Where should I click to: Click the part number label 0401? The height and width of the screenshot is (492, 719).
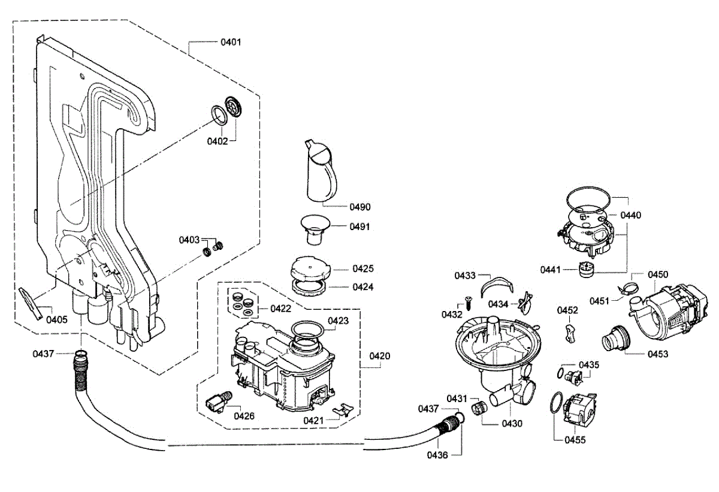(x=231, y=43)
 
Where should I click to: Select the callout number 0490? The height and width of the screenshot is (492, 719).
(x=360, y=207)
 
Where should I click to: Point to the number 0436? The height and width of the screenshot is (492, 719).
(x=437, y=455)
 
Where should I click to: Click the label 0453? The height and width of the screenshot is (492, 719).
(x=657, y=354)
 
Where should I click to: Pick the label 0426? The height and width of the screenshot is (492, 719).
(x=244, y=416)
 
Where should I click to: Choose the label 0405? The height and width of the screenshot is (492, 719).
(x=57, y=319)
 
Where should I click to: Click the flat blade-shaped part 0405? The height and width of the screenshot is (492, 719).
(x=31, y=303)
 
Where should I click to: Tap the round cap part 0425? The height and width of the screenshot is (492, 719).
(x=310, y=268)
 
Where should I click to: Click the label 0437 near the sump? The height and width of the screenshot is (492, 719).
(x=428, y=409)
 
